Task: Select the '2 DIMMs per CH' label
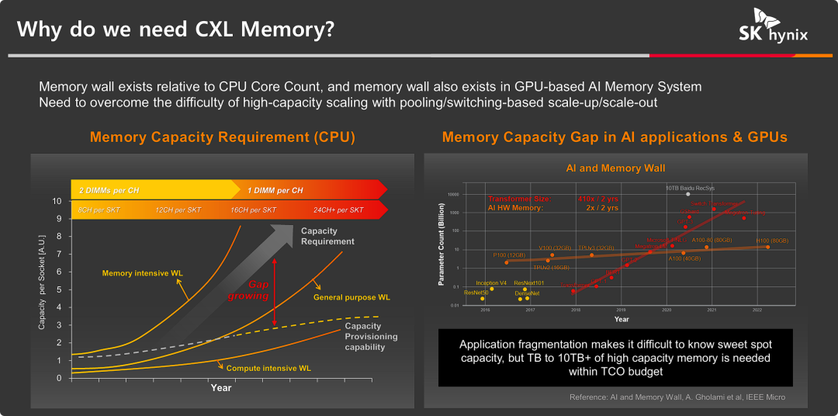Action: click(115, 190)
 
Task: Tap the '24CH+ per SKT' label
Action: click(338, 210)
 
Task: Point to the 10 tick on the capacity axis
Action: click(57, 201)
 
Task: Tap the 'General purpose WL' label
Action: click(351, 296)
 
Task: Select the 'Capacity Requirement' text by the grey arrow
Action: click(327, 236)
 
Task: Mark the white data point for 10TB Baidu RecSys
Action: click(687, 194)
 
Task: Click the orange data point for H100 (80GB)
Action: click(768, 247)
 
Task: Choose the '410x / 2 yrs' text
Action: click(597, 199)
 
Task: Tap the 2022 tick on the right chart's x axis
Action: click(757, 310)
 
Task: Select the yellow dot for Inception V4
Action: click(491, 289)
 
